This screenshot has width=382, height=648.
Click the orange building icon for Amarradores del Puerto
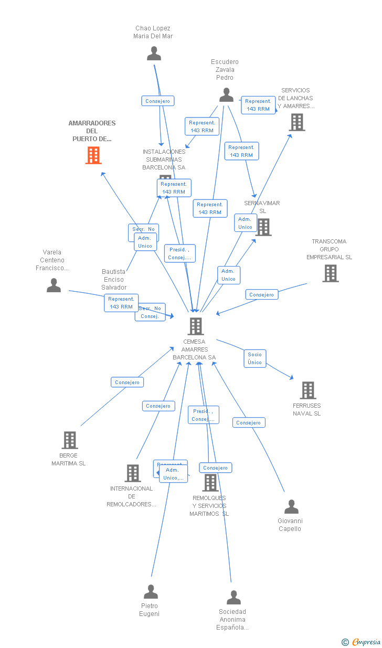click(93, 155)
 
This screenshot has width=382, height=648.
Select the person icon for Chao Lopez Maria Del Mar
click(154, 54)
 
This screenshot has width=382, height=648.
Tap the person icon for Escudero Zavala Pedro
click(226, 95)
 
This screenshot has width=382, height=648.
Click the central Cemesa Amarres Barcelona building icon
click(195, 326)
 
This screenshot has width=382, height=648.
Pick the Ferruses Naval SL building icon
click(307, 390)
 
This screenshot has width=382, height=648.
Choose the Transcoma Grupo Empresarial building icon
click(330, 273)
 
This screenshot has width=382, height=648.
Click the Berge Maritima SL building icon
click(69, 440)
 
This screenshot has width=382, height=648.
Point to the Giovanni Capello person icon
click(291, 507)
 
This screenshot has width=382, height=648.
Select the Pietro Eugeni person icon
click(151, 592)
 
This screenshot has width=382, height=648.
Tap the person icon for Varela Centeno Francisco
click(54, 285)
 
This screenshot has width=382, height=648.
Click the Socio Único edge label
click(254, 358)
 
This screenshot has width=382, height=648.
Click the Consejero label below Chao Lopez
click(157, 101)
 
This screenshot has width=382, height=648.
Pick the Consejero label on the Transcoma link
click(261, 295)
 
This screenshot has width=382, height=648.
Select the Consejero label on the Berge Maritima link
click(127, 383)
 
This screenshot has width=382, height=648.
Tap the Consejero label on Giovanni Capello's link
click(248, 423)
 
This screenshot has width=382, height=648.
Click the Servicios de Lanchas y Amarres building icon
click(297, 122)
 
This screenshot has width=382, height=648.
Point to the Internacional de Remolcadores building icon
click(132, 473)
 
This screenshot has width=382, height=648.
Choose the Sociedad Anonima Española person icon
click(234, 598)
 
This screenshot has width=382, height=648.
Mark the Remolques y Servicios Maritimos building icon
click(210, 483)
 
